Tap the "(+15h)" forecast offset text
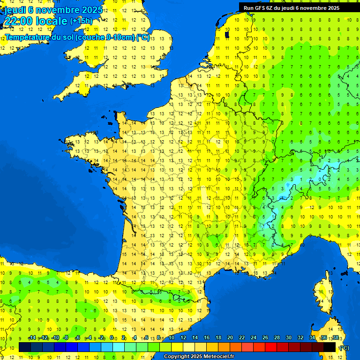(x=81, y=21)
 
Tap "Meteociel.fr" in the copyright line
(x=218, y=357)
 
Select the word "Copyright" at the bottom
(x=176, y=357)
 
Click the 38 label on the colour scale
(x=335, y=338)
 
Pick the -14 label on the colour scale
(x=32, y=338)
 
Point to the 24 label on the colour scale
(x=254, y=338)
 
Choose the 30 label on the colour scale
(x=289, y=338)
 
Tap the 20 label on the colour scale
(x=230, y=338)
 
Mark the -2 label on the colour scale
(x=101, y=338)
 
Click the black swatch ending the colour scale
(x=330, y=347)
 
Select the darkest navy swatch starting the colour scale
(x=24, y=347)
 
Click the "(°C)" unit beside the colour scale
(x=344, y=347)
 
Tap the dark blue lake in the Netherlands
(x=227, y=34)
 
